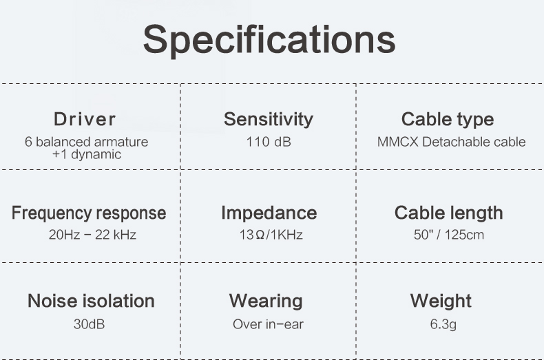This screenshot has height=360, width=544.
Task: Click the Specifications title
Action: pos(269,40)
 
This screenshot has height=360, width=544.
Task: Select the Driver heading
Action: pos(85,119)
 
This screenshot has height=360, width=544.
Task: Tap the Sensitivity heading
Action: pos(269,120)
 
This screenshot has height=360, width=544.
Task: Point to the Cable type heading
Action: pos(448,120)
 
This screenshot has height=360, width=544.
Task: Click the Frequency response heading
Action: pos(89,213)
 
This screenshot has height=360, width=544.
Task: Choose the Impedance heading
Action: pos(269,213)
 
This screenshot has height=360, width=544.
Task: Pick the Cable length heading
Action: pos(448,213)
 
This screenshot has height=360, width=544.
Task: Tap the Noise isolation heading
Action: pos(91,301)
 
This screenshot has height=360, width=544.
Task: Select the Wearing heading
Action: pos(266,301)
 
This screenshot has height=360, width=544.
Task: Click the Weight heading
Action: pos(441,301)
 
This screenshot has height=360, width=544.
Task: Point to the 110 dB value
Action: pos(269,142)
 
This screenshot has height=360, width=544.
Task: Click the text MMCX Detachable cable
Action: pos(451,142)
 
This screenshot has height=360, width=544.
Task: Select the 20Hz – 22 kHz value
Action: pos(92,235)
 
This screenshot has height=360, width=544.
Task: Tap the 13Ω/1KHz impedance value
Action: pos(271,235)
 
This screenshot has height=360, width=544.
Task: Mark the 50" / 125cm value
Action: pos(448,235)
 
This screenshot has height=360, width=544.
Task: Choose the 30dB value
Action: pos(89,324)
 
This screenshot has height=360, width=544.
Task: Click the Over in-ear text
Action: pos(268,324)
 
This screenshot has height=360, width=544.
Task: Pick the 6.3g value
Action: pos(443,325)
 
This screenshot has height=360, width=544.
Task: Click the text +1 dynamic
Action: pos(86,154)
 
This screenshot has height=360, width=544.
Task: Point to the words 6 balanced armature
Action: pos(86,142)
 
